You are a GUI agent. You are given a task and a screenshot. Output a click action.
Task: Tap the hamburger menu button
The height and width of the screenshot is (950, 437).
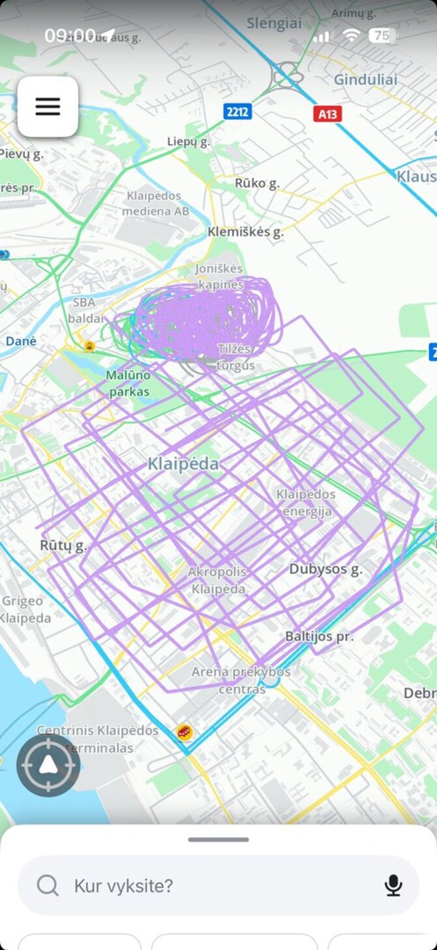point(48,106)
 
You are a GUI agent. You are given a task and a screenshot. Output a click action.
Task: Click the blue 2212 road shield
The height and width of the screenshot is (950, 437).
point(237,112)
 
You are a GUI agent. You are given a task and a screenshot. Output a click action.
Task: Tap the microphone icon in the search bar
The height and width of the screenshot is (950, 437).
point(393,885)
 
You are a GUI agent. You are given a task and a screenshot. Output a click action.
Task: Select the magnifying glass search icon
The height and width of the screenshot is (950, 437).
point(48,885)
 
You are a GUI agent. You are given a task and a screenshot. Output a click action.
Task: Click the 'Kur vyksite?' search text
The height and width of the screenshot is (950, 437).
point(123,886)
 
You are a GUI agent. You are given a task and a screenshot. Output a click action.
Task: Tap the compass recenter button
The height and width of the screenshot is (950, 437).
point(48,766)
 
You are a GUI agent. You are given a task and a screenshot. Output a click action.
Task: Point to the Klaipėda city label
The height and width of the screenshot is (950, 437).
point(183,464)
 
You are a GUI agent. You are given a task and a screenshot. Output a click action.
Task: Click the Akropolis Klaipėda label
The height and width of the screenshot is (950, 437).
point(217,580)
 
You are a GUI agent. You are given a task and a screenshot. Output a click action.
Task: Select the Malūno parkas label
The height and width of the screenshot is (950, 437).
point(128,383)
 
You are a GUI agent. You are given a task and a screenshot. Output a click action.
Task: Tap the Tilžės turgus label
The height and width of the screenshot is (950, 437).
point(236,357)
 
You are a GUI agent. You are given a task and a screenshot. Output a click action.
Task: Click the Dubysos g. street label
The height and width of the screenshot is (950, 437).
point(325,569)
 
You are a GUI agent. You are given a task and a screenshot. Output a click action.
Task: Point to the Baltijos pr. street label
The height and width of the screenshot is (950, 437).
point(319,636)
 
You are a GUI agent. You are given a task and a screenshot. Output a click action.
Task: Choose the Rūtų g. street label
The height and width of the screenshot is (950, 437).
point(63,546)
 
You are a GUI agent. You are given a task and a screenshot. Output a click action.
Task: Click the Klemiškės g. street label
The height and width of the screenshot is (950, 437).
point(245,232)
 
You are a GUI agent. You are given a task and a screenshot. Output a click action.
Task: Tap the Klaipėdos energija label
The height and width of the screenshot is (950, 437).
point(306,503)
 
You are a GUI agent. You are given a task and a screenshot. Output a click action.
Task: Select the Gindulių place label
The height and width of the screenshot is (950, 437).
point(365,80)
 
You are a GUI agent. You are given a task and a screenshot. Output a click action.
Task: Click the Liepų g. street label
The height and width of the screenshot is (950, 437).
point(188,142)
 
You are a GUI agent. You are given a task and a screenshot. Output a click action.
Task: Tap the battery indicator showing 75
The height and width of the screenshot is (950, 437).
point(383,35)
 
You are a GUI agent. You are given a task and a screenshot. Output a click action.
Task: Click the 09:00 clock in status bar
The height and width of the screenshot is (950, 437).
point(70,35)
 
